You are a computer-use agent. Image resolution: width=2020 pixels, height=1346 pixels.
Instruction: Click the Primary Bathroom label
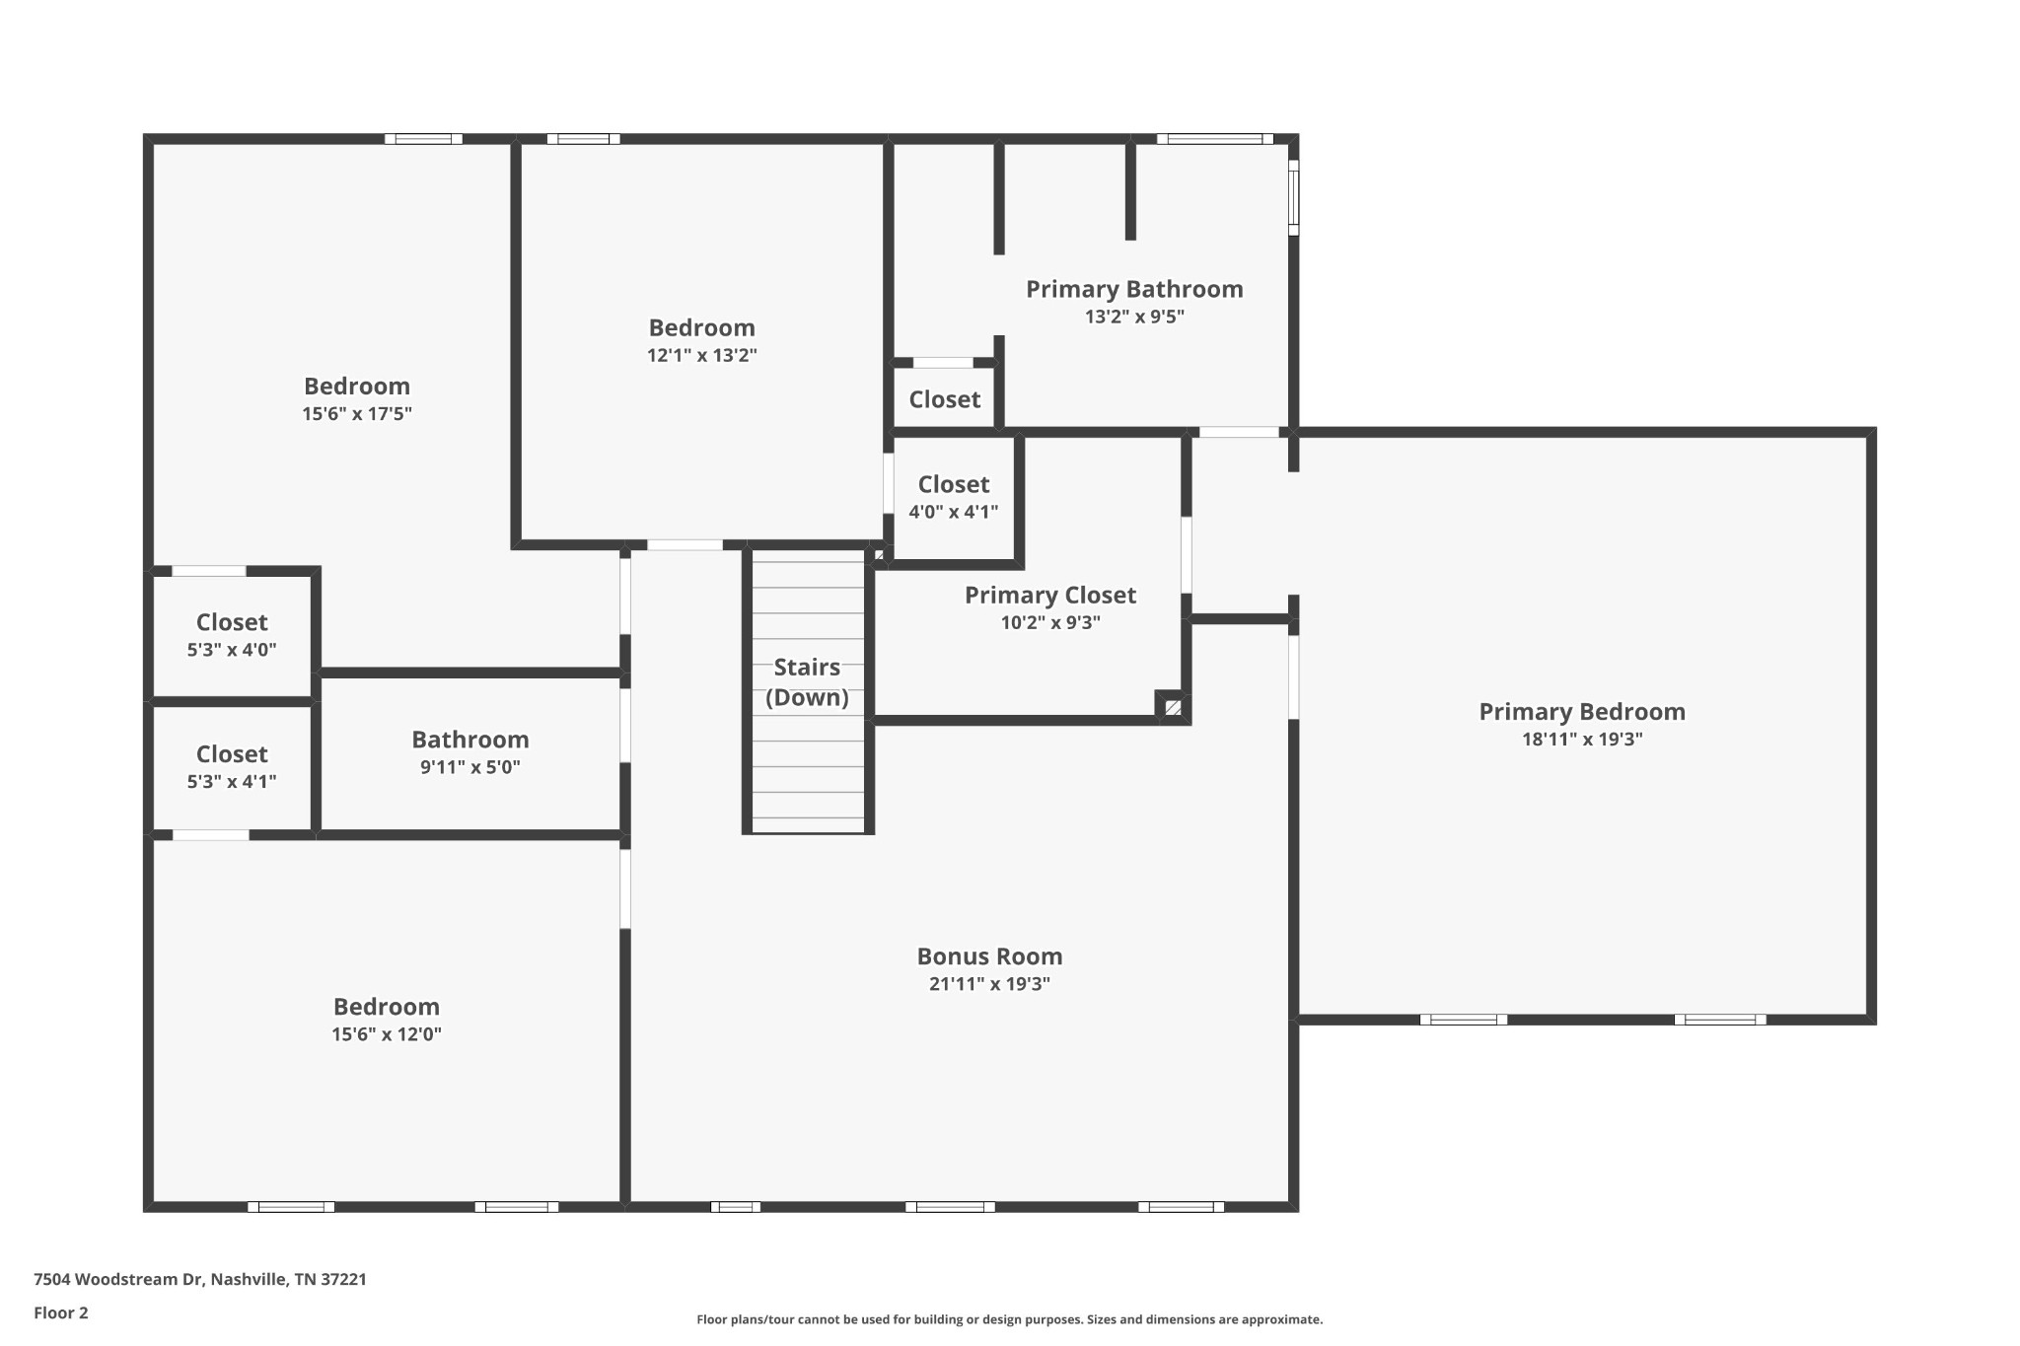click(x=1134, y=289)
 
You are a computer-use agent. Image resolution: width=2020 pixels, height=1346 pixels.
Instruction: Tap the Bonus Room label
click(x=989, y=956)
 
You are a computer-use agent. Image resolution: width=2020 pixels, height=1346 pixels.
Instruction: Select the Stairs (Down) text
click(x=807, y=682)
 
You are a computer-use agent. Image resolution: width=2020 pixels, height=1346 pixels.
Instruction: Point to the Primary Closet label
click(x=1050, y=596)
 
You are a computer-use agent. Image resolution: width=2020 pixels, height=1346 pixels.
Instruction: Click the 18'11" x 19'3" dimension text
click(x=1582, y=740)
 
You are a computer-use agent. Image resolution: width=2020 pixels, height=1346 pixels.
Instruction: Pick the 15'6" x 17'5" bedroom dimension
click(x=357, y=414)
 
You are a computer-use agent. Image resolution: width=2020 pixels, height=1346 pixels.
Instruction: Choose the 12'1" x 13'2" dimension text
click(x=702, y=356)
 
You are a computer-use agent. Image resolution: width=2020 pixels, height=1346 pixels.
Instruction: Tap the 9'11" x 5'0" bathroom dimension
click(x=470, y=767)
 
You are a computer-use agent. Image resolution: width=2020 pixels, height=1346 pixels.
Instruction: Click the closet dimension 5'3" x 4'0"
click(x=232, y=650)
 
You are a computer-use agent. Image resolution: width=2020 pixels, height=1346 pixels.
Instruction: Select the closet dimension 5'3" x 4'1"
click(x=232, y=782)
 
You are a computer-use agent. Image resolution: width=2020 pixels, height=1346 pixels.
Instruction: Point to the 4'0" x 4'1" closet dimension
click(x=954, y=512)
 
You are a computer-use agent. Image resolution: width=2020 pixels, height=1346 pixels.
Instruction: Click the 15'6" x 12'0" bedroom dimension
click(x=387, y=1034)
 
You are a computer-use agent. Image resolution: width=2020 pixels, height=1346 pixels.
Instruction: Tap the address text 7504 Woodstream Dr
click(x=118, y=1279)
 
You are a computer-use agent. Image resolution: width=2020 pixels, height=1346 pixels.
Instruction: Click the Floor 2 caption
click(x=61, y=1312)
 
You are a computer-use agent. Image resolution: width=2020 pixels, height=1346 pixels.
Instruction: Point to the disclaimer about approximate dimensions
click(x=1010, y=1319)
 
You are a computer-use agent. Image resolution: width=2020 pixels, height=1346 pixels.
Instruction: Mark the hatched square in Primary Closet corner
click(x=1173, y=707)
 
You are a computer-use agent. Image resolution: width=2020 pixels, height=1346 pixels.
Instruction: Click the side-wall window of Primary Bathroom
click(x=1294, y=197)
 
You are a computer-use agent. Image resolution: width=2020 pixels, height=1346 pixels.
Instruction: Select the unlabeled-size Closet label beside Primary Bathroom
click(x=945, y=399)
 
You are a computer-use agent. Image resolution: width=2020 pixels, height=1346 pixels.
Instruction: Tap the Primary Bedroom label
click(x=1582, y=712)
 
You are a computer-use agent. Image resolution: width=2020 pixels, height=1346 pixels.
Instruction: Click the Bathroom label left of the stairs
click(x=470, y=740)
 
